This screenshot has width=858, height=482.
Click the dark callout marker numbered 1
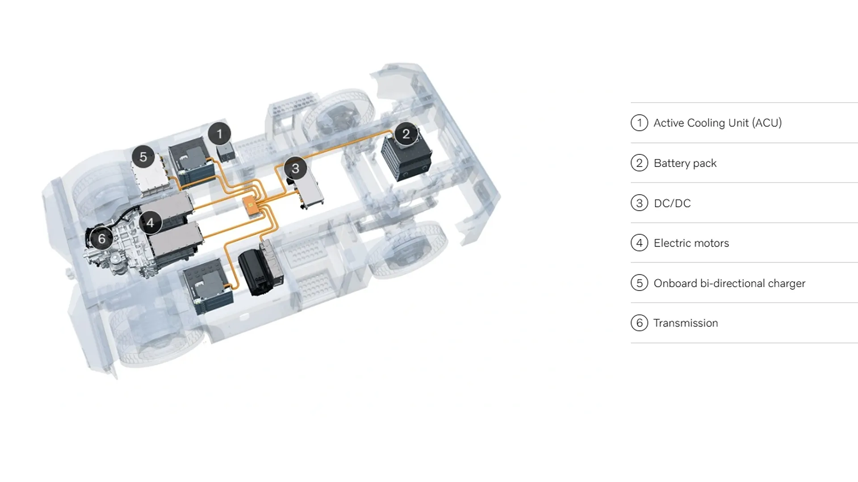tap(219, 133)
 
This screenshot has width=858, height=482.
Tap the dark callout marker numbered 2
tap(406, 133)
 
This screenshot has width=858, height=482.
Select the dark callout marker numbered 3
tap(295, 168)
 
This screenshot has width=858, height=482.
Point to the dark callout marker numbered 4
tap(150, 222)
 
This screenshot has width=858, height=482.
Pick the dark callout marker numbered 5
tap(143, 157)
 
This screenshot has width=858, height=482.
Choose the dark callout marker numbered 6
tap(101, 238)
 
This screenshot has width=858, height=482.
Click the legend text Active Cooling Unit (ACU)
tap(717, 123)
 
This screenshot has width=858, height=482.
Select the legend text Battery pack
tap(685, 163)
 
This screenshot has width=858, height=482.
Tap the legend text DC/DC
tap(672, 203)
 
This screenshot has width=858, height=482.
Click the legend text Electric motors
tap(691, 243)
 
